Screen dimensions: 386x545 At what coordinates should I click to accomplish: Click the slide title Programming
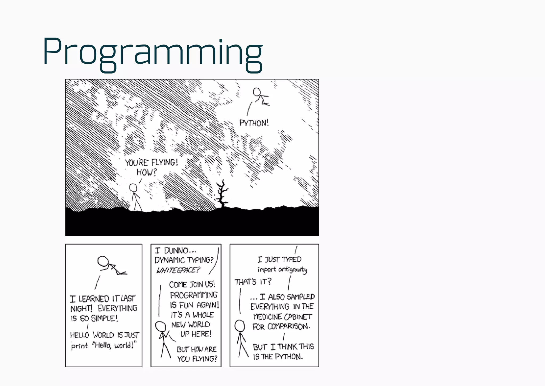(153, 52)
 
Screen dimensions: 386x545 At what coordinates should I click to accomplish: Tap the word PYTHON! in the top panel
(254, 123)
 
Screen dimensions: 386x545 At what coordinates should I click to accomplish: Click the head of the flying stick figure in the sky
(257, 92)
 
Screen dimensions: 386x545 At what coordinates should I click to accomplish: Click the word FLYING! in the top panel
(164, 162)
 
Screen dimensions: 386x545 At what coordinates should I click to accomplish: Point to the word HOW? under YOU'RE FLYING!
(147, 172)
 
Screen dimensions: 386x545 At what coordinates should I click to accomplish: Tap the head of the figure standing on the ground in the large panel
(133, 188)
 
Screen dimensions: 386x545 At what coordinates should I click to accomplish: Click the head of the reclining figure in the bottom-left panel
(103, 261)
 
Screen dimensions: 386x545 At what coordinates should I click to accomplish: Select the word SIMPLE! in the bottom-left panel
(104, 318)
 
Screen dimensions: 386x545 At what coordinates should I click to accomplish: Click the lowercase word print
(79, 346)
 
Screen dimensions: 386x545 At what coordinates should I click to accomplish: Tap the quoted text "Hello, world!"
(114, 346)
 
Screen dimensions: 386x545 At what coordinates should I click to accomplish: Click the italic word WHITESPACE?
(178, 270)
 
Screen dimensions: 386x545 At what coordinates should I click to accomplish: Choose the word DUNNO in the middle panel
(176, 251)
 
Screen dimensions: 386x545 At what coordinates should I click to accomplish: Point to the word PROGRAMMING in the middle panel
(193, 295)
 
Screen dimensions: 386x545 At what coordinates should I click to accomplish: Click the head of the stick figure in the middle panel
(160, 326)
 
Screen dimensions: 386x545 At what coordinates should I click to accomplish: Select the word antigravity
(293, 270)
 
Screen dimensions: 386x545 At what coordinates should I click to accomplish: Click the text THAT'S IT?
(253, 282)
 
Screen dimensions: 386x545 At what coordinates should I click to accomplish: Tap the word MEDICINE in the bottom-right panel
(267, 317)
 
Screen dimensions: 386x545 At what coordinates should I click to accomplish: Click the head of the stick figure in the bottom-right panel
(240, 326)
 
